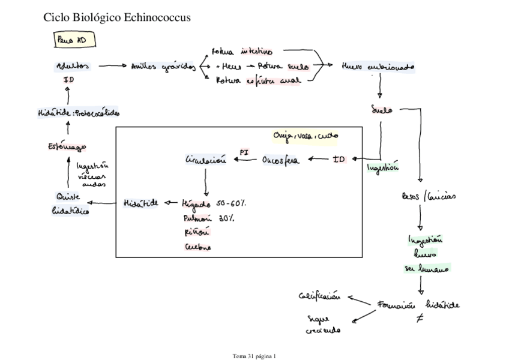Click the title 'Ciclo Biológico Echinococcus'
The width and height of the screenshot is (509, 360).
[117, 18]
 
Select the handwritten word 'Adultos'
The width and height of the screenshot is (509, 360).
[69, 67]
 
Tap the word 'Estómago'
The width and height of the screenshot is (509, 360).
[66, 146]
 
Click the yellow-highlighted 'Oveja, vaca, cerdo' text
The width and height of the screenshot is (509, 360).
[305, 136]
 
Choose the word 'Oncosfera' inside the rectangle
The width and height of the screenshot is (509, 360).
[282, 160]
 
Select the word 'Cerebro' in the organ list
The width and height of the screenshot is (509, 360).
[196, 247]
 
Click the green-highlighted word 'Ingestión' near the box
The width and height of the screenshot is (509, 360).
[383, 169]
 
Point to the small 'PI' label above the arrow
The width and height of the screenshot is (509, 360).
[244, 152]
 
